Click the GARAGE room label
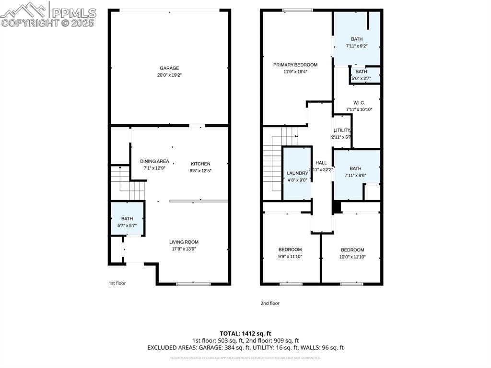pyautogui.click(x=169, y=68)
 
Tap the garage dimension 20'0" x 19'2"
pyautogui.click(x=169, y=75)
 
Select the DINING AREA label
pyautogui.click(x=154, y=161)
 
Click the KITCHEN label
pyautogui.click(x=200, y=164)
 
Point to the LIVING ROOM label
pyautogui.click(x=184, y=242)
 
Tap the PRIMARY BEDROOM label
pyautogui.click(x=295, y=65)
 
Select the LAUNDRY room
pyautogui.click(x=297, y=173)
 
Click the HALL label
pyautogui.click(x=321, y=163)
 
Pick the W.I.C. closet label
pyautogui.click(x=359, y=103)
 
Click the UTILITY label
pyautogui.click(x=342, y=131)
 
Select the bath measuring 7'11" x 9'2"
pyautogui.click(x=356, y=39)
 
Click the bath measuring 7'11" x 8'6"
pyautogui.click(x=355, y=168)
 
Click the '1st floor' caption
pyautogui.click(x=117, y=283)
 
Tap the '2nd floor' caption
pyautogui.click(x=270, y=303)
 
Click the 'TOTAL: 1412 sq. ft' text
pyautogui.click(x=245, y=333)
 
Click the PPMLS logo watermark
pyautogui.click(x=48, y=14)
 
